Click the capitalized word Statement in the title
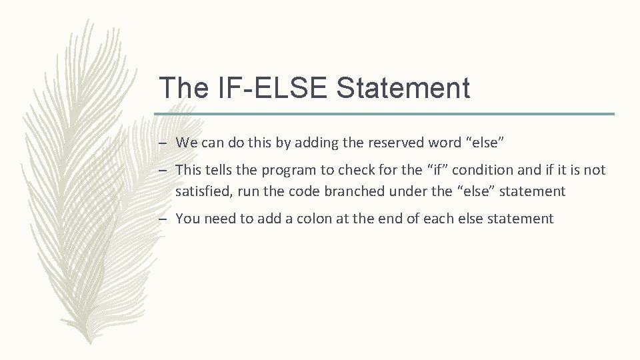click(x=404, y=88)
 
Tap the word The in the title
click(x=182, y=88)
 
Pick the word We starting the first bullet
click(x=186, y=142)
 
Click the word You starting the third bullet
click(x=188, y=219)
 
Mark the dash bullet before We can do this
click(x=163, y=142)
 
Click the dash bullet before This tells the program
click(x=163, y=170)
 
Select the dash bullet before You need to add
click(x=163, y=219)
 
